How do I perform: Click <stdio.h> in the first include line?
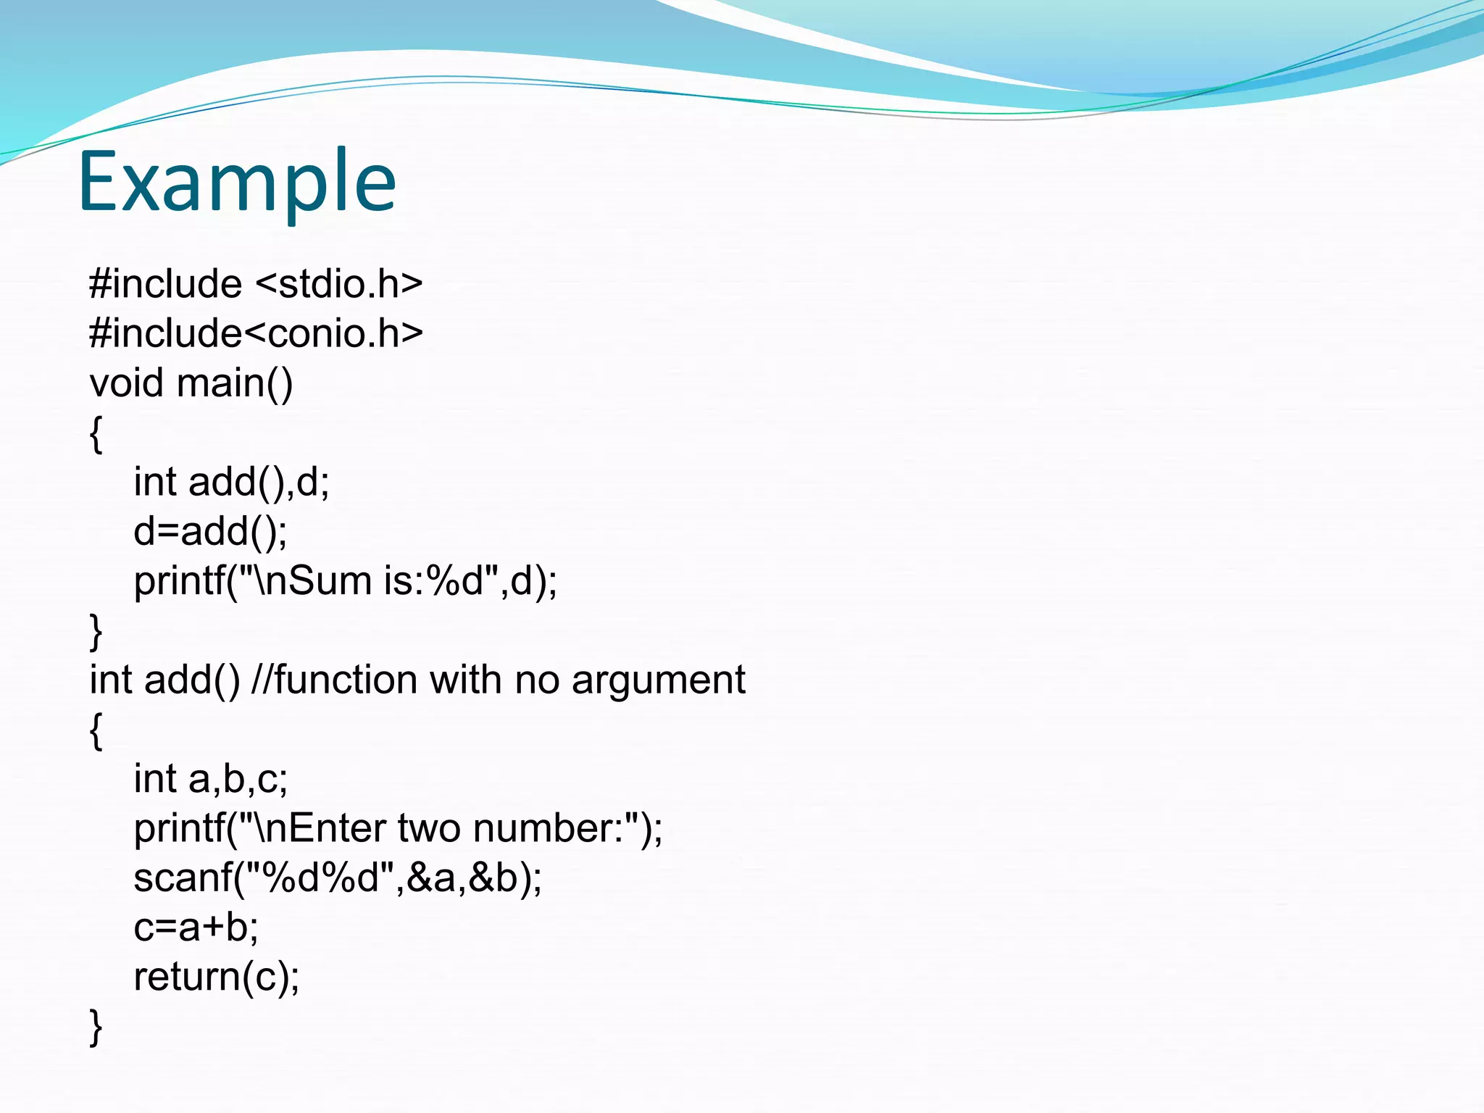pyautogui.click(x=339, y=283)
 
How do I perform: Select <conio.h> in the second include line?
pyautogui.click(x=333, y=333)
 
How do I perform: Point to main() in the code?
pyautogui.click(x=235, y=383)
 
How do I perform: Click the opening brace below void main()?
pyautogui.click(x=96, y=434)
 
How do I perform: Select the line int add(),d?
pyautogui.click(x=231, y=482)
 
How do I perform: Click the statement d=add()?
pyautogui.click(x=210, y=531)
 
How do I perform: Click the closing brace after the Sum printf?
pyautogui.click(x=96, y=631)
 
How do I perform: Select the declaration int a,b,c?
pyautogui.click(x=210, y=779)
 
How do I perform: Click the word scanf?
pyautogui.click(x=183, y=878)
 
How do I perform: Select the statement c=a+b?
pyautogui.click(x=196, y=927)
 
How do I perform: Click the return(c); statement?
pyautogui.click(x=216, y=977)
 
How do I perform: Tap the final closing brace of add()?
pyautogui.click(x=96, y=1027)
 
